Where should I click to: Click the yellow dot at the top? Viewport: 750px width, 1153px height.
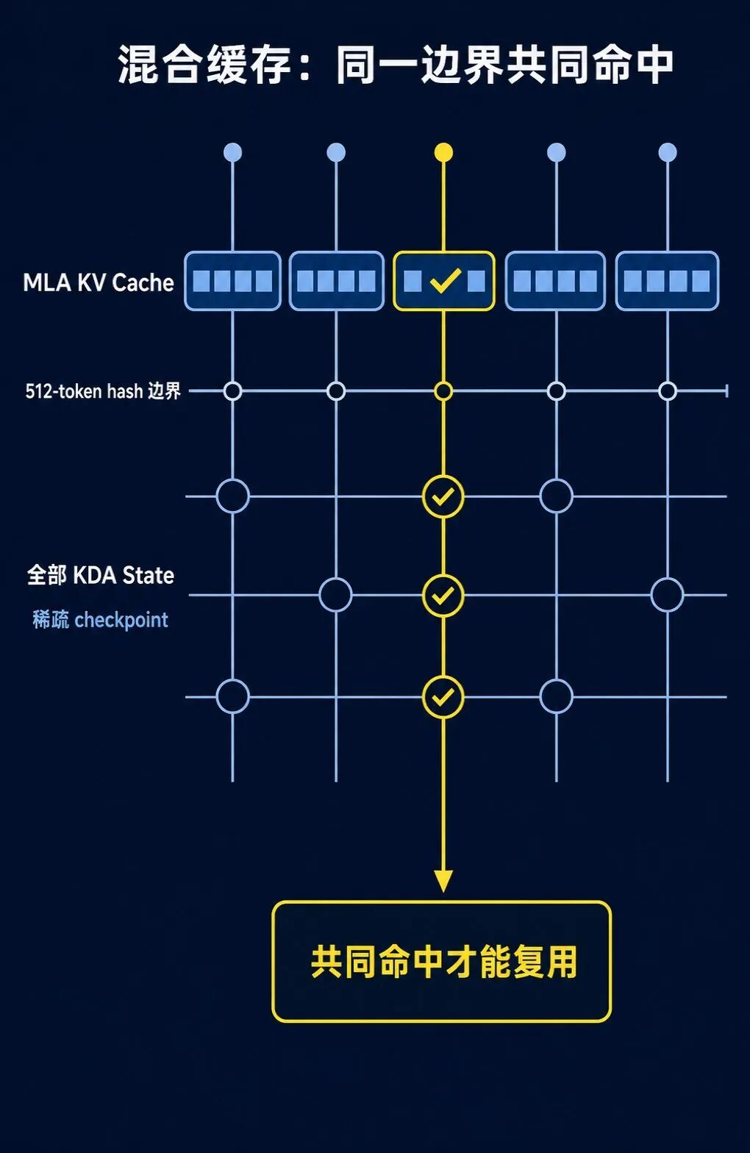443,152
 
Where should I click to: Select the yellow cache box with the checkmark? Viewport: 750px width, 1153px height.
443,281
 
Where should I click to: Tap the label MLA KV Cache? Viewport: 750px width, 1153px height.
99,282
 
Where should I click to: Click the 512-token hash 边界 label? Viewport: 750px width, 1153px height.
103,391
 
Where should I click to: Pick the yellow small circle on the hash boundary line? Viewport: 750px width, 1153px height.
443,391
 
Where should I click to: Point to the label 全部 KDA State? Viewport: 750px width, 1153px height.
101,575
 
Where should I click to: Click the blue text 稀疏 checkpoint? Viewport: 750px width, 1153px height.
101,620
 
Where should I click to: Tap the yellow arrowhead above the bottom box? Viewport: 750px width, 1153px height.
443,881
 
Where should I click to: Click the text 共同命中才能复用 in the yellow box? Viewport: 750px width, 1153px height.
443,961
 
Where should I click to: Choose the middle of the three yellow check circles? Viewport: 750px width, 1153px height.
443,596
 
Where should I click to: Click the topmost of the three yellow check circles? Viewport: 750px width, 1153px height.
443,497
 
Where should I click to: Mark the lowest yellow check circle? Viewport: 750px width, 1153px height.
443,697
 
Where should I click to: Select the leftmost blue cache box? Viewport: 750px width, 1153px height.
232,281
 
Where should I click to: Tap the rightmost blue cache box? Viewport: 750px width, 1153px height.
667,281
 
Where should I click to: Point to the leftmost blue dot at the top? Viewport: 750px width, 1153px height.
232,152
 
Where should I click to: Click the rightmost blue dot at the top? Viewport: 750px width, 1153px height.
668,152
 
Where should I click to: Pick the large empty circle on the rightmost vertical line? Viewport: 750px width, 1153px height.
667,595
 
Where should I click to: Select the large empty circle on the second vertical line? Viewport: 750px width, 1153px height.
335,595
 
